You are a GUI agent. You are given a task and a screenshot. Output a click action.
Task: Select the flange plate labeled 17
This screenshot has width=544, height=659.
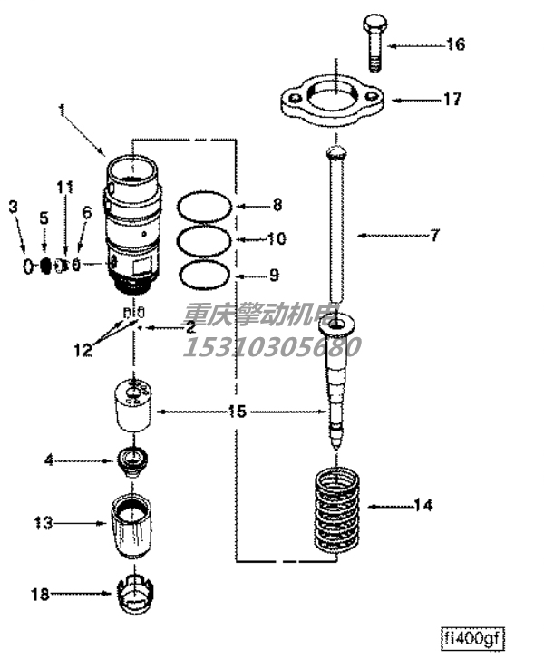331,102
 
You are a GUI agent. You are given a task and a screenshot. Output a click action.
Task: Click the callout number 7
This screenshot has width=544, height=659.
434,236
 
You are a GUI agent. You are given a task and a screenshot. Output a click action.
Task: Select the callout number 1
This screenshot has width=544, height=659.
63,110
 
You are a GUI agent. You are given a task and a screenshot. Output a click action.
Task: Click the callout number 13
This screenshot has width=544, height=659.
44,523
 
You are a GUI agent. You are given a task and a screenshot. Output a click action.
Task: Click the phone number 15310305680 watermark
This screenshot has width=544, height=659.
271,345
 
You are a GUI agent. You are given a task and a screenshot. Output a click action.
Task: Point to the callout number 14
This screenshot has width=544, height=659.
423,504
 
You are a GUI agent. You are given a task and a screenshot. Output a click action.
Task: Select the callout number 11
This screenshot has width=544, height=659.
64,188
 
